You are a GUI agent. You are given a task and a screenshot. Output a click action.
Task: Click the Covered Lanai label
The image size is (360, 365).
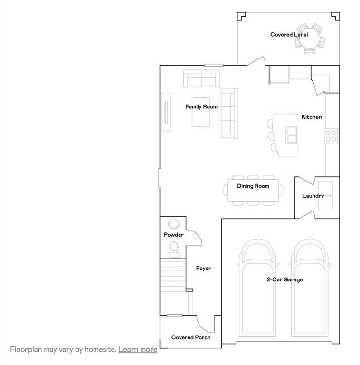click(286, 35)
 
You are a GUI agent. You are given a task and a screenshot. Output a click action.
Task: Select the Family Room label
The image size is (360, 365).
click(201, 107)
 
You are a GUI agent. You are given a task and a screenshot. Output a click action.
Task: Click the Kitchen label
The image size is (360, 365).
click(312, 117)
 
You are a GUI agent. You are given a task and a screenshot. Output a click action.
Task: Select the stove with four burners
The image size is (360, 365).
click(331, 136)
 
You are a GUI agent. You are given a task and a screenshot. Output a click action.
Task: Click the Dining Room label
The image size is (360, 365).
click(253, 186)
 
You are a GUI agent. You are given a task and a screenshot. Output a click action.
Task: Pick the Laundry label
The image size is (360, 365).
click(313, 196)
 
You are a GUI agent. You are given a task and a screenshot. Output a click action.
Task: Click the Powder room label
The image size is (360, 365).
click(174, 235)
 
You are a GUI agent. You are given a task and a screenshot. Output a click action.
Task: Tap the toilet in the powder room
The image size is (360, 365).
click(174, 248)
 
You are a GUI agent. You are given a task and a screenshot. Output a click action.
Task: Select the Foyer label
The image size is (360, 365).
click(203, 269)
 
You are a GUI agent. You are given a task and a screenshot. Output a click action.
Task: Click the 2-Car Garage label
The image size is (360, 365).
click(284, 279)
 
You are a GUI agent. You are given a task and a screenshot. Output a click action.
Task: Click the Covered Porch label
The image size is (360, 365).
click(191, 337)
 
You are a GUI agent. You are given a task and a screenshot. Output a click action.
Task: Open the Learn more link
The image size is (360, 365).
click(138, 349)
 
